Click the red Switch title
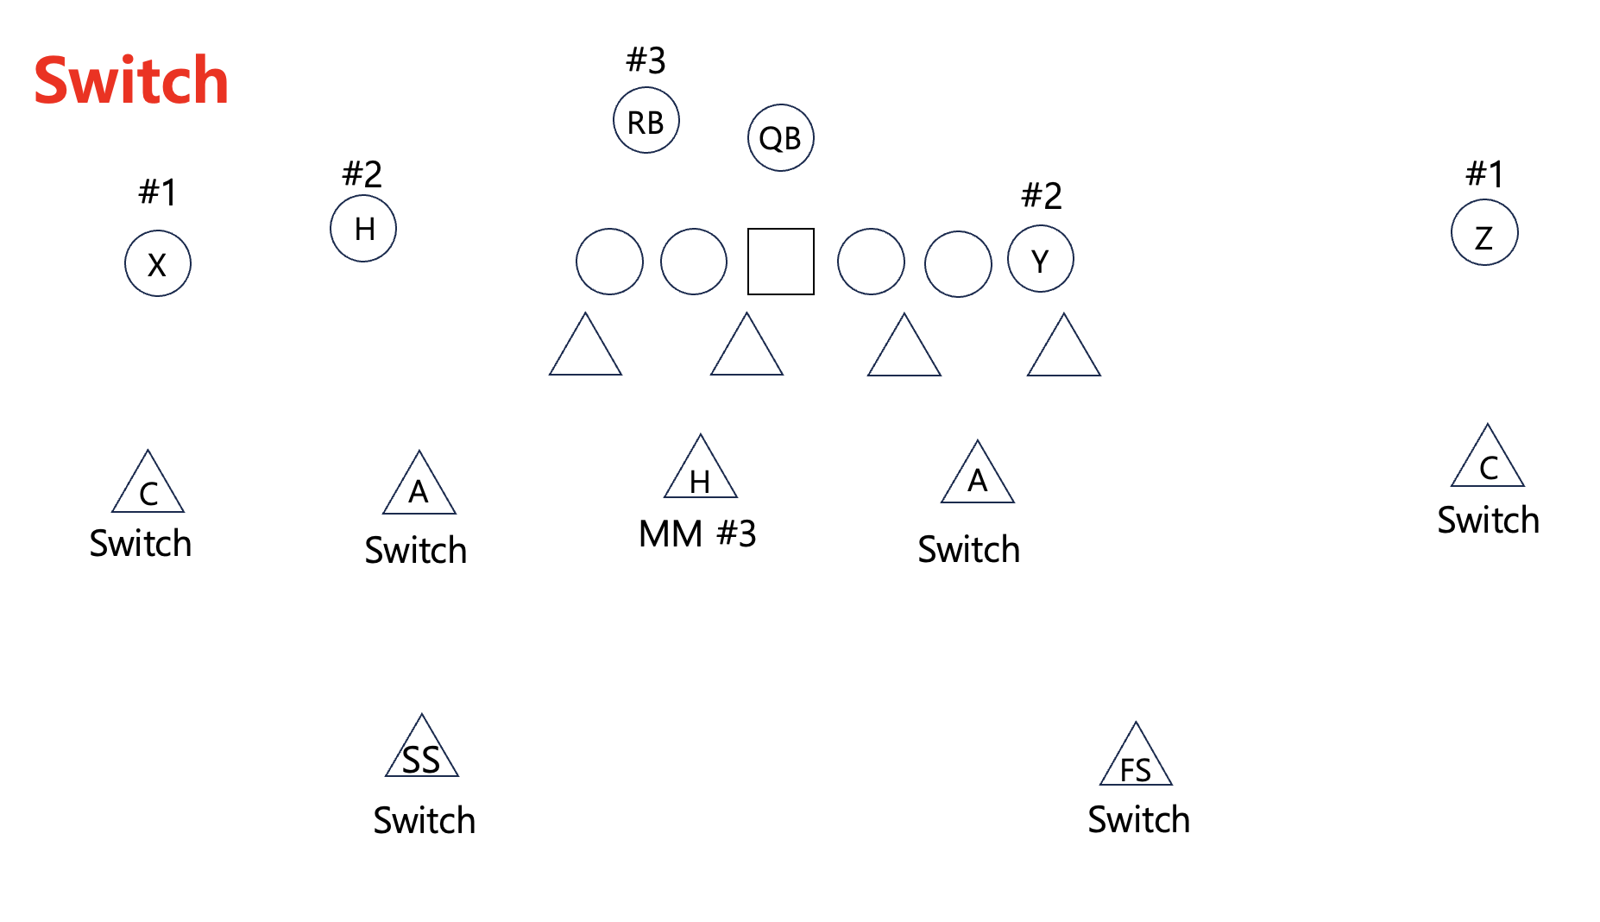pyautogui.click(x=131, y=80)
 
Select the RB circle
pyautogui.click(x=646, y=121)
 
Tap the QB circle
pyautogui.click(x=780, y=138)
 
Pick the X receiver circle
pyautogui.click(x=158, y=263)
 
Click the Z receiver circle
pyautogui.click(x=1484, y=233)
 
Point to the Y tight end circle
pyautogui.click(x=1041, y=259)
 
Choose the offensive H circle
pyautogui.click(x=363, y=229)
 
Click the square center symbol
pyautogui.click(x=780, y=262)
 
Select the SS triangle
pyautogui.click(x=422, y=751)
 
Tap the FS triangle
pyautogui.click(x=1136, y=760)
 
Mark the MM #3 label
pyautogui.click(x=697, y=534)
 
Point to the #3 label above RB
pyautogui.click(x=646, y=60)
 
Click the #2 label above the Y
pyautogui.click(x=1041, y=196)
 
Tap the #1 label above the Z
pyautogui.click(x=1484, y=174)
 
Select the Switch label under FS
pyautogui.click(x=1138, y=819)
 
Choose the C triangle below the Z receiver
pyautogui.click(x=1488, y=462)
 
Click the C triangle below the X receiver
pyautogui.click(x=148, y=488)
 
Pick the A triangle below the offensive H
pyautogui.click(x=419, y=489)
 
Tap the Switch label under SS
pyautogui.click(x=424, y=820)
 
